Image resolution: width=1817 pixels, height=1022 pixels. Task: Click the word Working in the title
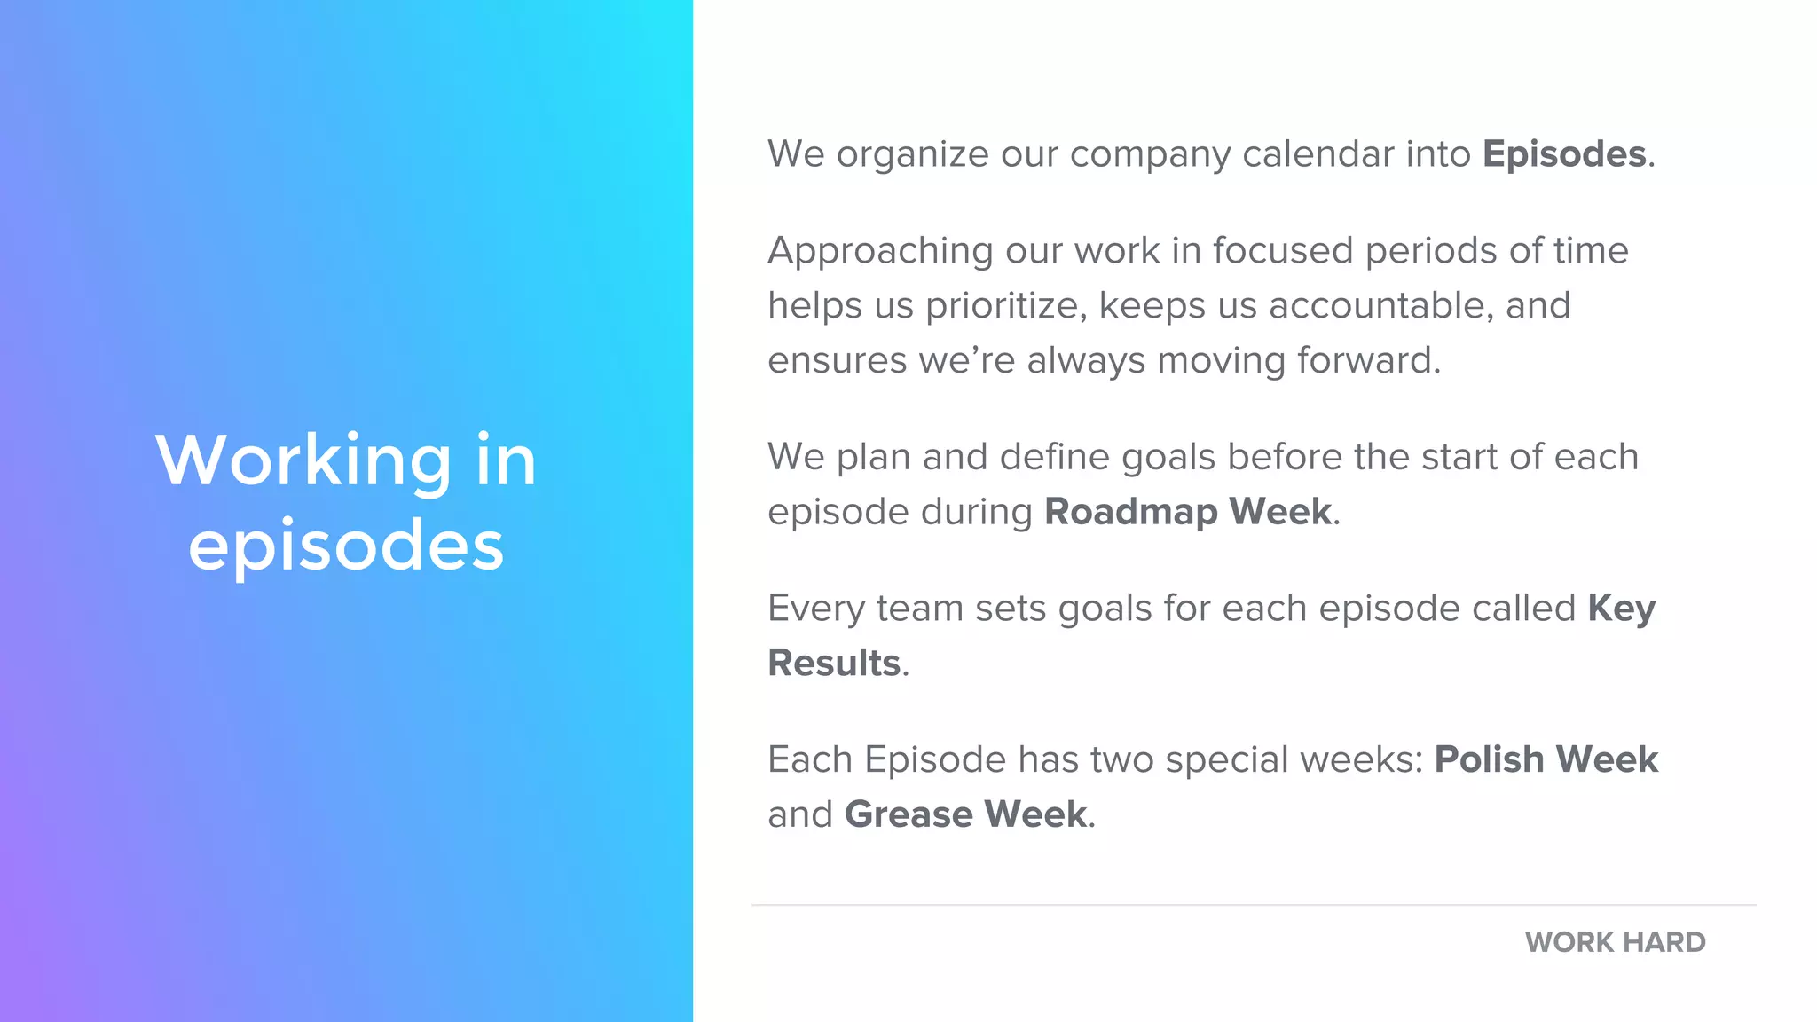[x=303, y=460]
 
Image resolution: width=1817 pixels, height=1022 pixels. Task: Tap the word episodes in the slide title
[x=346, y=545]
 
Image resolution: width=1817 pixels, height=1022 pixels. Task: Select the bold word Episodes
[x=1564, y=154]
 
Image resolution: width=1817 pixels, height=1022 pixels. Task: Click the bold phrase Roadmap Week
[x=1188, y=512]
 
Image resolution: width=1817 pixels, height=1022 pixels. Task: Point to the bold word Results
[x=834, y=664]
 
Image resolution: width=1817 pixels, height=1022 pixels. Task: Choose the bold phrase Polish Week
[x=1546, y=759]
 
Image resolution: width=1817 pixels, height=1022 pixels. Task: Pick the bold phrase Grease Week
[x=965, y=814]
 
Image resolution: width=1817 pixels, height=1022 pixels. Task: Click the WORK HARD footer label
[x=1615, y=942]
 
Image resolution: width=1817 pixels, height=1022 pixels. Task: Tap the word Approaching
[x=879, y=252]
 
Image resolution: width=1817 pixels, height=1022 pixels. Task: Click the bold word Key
[x=1621, y=609]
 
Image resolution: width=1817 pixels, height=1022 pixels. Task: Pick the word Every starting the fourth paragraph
[x=815, y=609]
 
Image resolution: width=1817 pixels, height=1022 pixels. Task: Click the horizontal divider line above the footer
[x=1253, y=905]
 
